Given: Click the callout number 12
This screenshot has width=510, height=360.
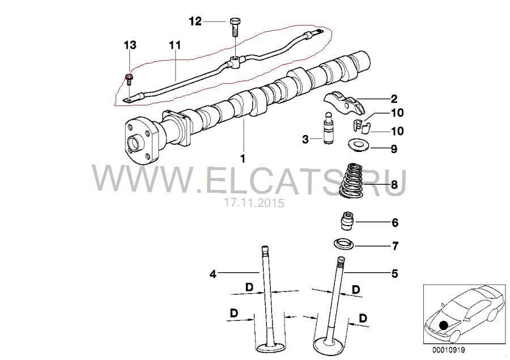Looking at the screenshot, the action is pyautogui.click(x=195, y=22).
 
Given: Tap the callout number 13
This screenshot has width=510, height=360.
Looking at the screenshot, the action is pyautogui.click(x=130, y=45).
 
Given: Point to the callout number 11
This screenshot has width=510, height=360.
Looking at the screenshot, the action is pyautogui.click(x=175, y=45).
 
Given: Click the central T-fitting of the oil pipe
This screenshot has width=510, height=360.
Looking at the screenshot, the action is pyautogui.click(x=235, y=62).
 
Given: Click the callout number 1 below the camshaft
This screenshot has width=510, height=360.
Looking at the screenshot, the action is pyautogui.click(x=243, y=159).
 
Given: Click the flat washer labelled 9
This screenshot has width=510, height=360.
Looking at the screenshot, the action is pyautogui.click(x=357, y=145).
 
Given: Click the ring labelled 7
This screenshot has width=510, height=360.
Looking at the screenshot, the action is pyautogui.click(x=343, y=244).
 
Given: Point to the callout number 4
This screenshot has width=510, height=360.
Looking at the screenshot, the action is pyautogui.click(x=212, y=274).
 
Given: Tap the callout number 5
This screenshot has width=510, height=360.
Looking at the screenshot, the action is pyautogui.click(x=394, y=273).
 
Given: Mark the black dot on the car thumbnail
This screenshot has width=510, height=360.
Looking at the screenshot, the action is pyautogui.click(x=444, y=325).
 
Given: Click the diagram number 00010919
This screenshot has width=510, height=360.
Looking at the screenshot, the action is pyautogui.click(x=449, y=350).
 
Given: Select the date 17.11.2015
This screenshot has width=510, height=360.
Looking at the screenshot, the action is pyautogui.click(x=254, y=203).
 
